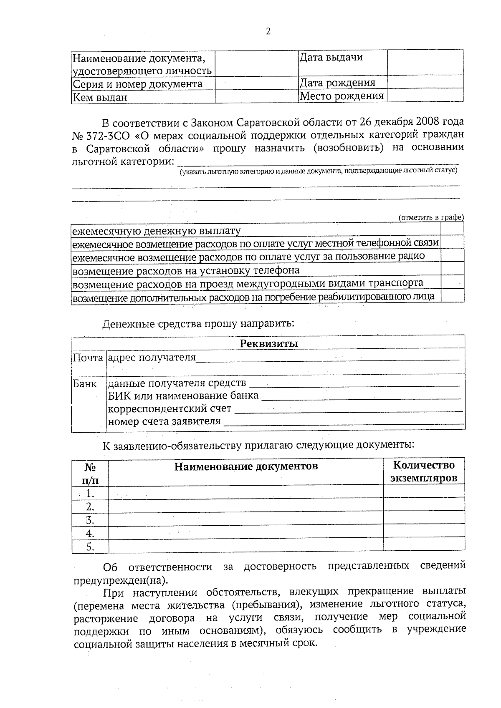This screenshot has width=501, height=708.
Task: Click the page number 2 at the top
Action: click(x=268, y=31)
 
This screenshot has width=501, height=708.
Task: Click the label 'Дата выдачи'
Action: click(x=331, y=57)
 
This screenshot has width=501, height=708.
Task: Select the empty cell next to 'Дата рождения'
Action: click(x=425, y=82)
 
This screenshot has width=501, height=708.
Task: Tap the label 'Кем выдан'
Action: click(x=100, y=98)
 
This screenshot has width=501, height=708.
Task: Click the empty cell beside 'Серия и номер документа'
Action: click(x=256, y=84)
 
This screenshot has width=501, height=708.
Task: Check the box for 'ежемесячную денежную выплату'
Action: click(x=452, y=229)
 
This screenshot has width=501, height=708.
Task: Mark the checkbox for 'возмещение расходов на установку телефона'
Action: click(x=452, y=269)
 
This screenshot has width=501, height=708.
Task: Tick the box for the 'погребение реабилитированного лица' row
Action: click(x=452, y=296)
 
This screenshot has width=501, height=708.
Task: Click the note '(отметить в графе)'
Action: click(x=431, y=217)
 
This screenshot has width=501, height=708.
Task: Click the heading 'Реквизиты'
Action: click(x=268, y=343)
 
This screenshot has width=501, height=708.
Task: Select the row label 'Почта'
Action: click(x=88, y=358)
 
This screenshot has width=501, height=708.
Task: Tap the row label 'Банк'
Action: click(x=85, y=383)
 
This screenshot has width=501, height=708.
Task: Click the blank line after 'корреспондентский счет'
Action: click(x=349, y=409)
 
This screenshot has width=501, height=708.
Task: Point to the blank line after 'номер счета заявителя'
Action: click(x=343, y=422)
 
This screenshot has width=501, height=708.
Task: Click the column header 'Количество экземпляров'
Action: click(x=424, y=471)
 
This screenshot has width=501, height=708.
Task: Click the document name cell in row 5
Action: click(x=245, y=547)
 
